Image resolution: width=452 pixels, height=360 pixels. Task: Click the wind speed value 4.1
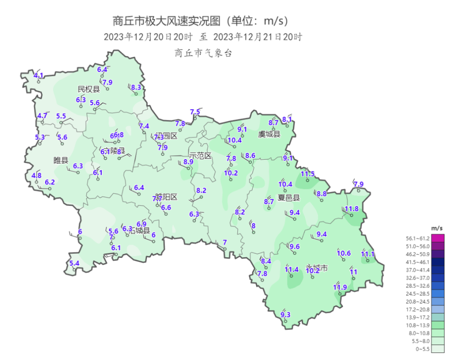[39, 75]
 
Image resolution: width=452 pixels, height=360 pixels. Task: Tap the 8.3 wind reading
[136, 88]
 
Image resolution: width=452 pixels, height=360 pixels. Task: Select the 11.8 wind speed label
[351, 209]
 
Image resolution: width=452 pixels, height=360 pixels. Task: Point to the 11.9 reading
[339, 287]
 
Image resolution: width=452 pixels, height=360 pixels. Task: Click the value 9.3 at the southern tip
[285, 315]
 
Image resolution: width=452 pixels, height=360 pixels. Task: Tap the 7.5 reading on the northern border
[195, 112]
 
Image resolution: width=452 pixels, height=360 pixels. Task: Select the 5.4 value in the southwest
[74, 263]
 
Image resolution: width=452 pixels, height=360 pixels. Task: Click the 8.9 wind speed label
[188, 162]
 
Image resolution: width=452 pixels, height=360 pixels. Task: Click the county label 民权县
[89, 89]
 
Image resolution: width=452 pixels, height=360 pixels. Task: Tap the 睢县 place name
[61, 160]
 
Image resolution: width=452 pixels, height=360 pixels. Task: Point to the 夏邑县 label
[289, 197]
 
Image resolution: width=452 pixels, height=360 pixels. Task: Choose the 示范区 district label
[200, 155]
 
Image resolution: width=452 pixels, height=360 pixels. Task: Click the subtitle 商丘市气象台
[203, 53]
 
